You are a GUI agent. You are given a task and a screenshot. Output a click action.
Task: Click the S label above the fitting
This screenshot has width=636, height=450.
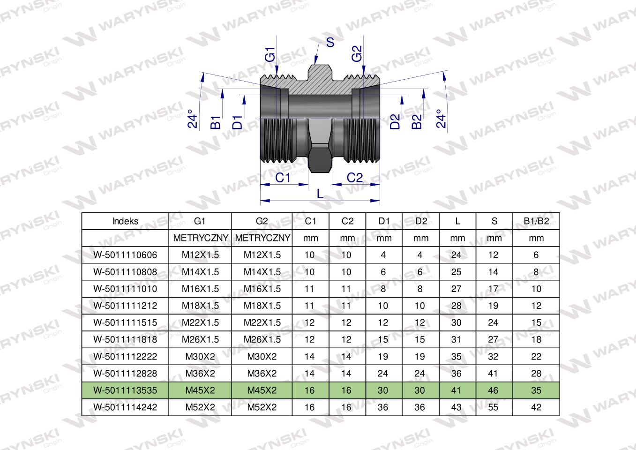[330, 43]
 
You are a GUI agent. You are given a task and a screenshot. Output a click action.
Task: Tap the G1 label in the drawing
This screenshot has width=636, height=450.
[270, 54]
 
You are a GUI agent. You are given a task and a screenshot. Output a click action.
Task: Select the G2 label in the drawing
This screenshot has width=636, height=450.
[357, 53]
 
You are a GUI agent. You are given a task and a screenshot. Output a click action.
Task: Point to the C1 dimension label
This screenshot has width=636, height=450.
[283, 178]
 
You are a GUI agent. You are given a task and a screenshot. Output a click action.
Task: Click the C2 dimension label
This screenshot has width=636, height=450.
[355, 178]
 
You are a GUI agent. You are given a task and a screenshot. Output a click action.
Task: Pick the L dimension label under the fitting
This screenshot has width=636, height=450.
[320, 194]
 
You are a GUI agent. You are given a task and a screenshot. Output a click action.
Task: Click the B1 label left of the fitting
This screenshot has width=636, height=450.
[216, 122]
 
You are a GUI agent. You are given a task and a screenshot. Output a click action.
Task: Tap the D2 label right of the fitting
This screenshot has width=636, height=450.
[395, 121]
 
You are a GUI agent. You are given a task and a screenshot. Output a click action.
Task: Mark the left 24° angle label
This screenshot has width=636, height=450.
[193, 119]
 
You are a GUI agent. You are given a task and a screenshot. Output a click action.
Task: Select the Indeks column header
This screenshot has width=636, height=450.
[125, 221]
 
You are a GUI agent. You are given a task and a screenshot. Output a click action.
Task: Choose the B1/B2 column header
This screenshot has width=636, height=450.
[536, 221]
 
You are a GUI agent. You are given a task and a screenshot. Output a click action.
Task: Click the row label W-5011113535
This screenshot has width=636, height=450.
[125, 390]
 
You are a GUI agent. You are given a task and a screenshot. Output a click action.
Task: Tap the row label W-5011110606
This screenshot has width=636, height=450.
[125, 255]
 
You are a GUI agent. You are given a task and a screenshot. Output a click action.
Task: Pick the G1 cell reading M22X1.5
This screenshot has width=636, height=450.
[200, 322]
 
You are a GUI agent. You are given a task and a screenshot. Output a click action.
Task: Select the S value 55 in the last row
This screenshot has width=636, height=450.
[493, 407]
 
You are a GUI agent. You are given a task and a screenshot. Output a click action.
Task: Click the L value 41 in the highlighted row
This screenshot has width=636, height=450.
[456, 390]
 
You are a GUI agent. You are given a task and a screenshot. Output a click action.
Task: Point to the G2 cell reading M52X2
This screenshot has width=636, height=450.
[262, 407]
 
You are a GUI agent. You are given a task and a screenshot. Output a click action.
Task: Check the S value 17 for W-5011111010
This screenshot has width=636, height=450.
[493, 289]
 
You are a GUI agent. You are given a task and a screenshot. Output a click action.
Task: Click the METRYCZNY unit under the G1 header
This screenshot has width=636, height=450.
[201, 238]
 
